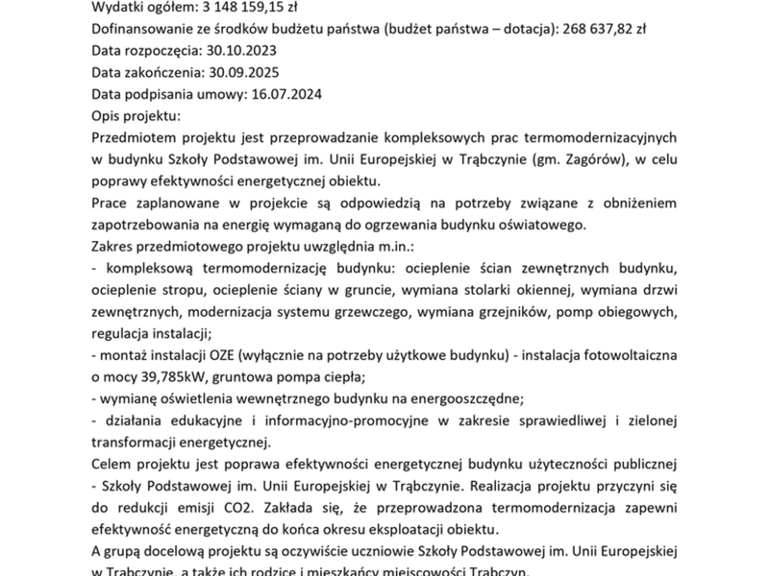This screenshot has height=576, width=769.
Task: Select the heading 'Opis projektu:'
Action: coord(136,116)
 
